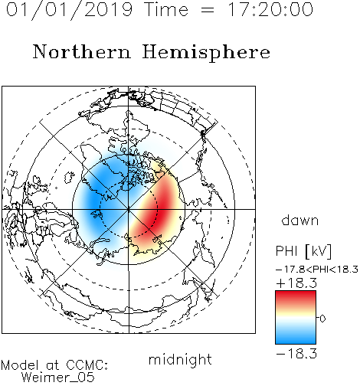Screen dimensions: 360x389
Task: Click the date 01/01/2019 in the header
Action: pyautogui.click(x=70, y=10)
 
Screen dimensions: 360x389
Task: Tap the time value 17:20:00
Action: pyautogui.click(x=270, y=9)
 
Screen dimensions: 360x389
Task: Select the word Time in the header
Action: pyautogui.click(x=166, y=9)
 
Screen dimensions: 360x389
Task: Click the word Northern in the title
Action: pyautogui.click(x=82, y=52)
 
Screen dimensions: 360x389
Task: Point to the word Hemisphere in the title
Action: pyautogui.click(x=206, y=53)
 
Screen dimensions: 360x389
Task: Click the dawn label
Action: pyautogui.click(x=300, y=220)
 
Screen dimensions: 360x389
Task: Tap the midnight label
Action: pyautogui.click(x=180, y=360)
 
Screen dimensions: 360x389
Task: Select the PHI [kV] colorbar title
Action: pyautogui.click(x=303, y=251)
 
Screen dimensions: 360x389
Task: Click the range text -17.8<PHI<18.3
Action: pyautogui.click(x=317, y=270)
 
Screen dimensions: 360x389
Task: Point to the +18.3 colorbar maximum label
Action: pyautogui.click(x=296, y=283)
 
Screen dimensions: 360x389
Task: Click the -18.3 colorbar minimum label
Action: pyautogui.click(x=296, y=354)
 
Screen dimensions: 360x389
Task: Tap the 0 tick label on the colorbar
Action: pyautogui.click(x=322, y=319)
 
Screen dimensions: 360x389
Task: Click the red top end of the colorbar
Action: pyautogui.click(x=296, y=293)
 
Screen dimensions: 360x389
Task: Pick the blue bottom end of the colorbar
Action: pyautogui.click(x=296, y=341)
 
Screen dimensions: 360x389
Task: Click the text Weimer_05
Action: pyautogui.click(x=58, y=378)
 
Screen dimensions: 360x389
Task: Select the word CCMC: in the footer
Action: pyautogui.click(x=87, y=364)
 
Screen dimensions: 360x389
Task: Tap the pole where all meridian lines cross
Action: pyautogui.click(x=129, y=209)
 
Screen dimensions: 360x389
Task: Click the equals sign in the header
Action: pyautogui.click(x=208, y=10)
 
